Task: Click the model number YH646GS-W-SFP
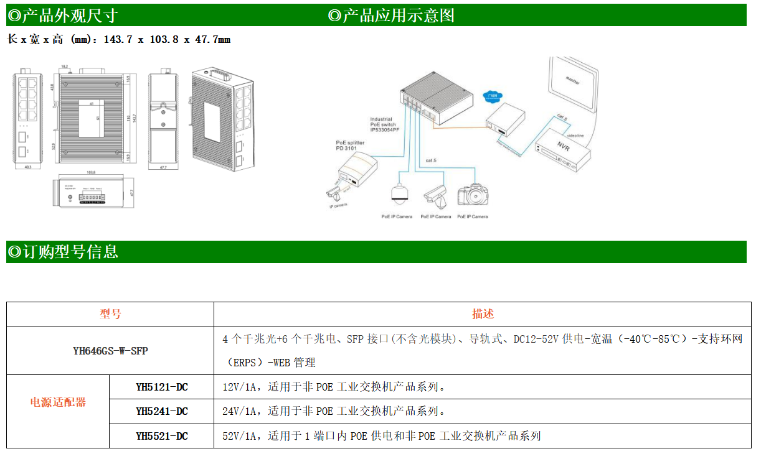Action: pyautogui.click(x=110, y=350)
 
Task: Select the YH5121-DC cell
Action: pyautogui.click(x=161, y=387)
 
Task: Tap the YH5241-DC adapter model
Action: pyautogui.click(x=161, y=411)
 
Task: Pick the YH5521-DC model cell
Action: pyautogui.click(x=161, y=436)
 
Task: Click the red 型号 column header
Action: pyautogui.click(x=110, y=314)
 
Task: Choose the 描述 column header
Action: pyautogui.click(x=483, y=314)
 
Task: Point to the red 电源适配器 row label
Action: pyautogui.click(x=58, y=402)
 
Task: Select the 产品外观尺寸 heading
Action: pyautogui.click(x=63, y=16)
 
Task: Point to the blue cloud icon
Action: pyautogui.click(x=492, y=96)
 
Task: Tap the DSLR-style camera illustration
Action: pyautogui.click(x=471, y=195)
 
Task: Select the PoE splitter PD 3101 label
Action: pyautogui.click(x=349, y=146)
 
